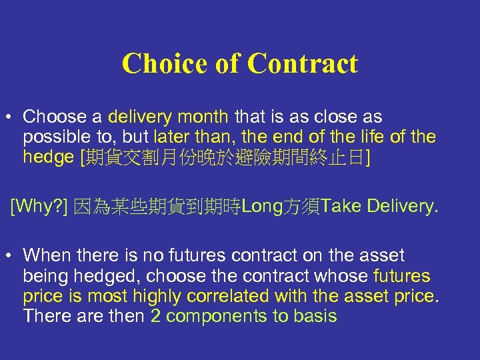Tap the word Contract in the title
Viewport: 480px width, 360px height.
(303, 64)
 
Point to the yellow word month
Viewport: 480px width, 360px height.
(204, 117)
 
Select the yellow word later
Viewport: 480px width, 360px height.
(171, 137)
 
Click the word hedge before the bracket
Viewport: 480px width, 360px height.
(48, 157)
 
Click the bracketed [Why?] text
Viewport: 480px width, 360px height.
(39, 207)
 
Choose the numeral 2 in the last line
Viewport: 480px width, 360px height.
(155, 316)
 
